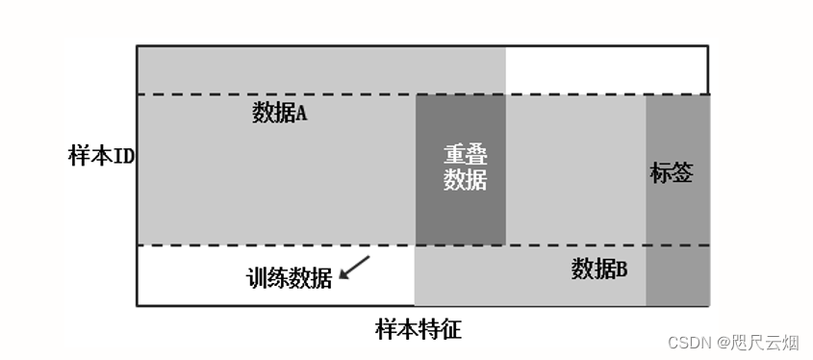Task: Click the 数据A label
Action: click(x=279, y=114)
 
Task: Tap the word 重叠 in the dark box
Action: click(x=465, y=155)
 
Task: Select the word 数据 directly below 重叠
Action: click(x=465, y=180)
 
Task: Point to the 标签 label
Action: click(x=672, y=173)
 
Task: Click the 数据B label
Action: click(x=599, y=270)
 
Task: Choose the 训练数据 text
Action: click(x=290, y=278)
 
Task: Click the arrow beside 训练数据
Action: click(x=354, y=268)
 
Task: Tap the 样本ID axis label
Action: click(x=101, y=157)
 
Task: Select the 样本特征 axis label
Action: click(x=419, y=331)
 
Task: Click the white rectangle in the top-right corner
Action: click(x=606, y=69)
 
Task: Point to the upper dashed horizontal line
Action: click(x=289, y=94)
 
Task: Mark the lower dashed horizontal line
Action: click(x=289, y=245)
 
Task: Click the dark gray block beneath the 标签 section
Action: click(x=677, y=275)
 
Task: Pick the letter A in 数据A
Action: click(x=300, y=114)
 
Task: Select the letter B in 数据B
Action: click(x=622, y=270)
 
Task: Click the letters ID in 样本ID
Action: click(x=124, y=157)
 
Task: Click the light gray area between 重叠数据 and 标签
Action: click(x=574, y=169)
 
